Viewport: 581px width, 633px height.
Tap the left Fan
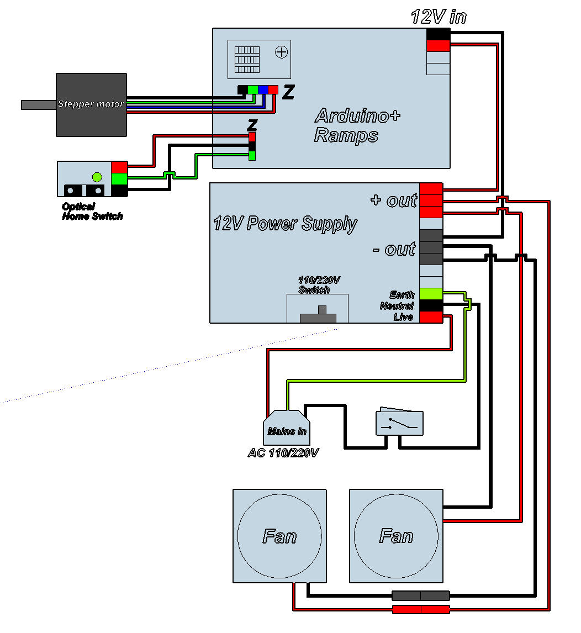coord(279,536)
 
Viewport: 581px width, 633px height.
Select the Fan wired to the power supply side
coord(396,536)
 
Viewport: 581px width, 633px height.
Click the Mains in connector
coord(286,428)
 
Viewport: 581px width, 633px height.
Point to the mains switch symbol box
coord(399,423)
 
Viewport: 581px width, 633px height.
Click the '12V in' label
coord(439,17)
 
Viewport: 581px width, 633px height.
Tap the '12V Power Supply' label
coord(285,224)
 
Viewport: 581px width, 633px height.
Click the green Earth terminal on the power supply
coord(431,294)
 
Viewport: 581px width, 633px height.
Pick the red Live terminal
coord(431,317)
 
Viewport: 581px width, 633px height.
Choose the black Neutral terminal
coord(431,305)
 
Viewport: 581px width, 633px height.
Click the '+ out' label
coord(393,200)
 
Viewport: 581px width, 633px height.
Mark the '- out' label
coord(393,249)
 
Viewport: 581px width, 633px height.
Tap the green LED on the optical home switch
coord(97,177)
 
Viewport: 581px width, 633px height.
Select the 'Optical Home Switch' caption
coord(92,212)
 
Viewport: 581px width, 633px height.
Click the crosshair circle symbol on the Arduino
coord(282,52)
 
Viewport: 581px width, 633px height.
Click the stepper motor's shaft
coord(39,104)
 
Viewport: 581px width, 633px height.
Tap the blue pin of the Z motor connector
coord(263,89)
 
